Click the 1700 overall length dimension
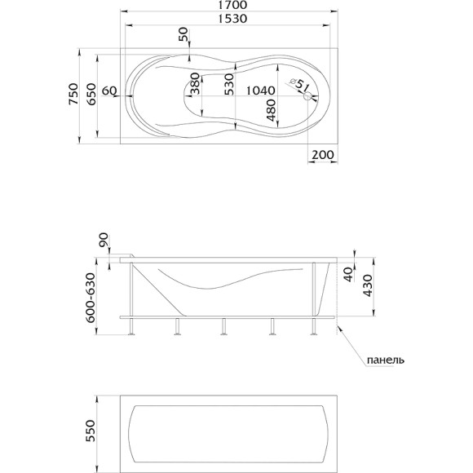pos(233,5)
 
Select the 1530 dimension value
pos(232,19)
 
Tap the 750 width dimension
pos(73,94)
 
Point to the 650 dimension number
pos(91,94)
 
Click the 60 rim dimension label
pos(109,91)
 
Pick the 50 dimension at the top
pos(183,34)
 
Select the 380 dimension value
pos(195,83)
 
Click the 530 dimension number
pos(229,85)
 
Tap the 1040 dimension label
pos(261,91)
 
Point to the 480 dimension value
pos(272,110)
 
